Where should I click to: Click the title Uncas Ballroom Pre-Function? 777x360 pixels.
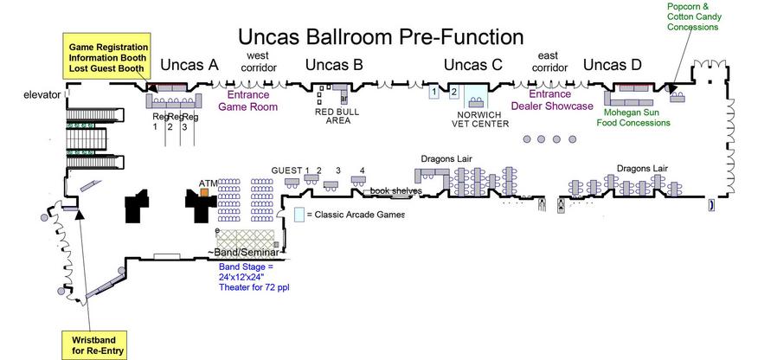pyautogui.click(x=381, y=37)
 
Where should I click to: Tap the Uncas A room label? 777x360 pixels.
pyautogui.click(x=189, y=65)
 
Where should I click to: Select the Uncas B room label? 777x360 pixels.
pyautogui.click(x=334, y=65)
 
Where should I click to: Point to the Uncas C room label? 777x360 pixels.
pyautogui.click(x=472, y=65)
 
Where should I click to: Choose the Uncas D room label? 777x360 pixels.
pyautogui.click(x=613, y=65)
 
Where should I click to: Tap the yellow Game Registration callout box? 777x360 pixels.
pyautogui.click(x=108, y=57)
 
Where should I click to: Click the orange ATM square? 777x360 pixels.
pyautogui.click(x=205, y=192)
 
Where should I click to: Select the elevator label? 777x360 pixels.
pyautogui.click(x=42, y=93)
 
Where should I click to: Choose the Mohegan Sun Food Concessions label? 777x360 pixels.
pyautogui.click(x=635, y=118)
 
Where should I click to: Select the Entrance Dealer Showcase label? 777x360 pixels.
pyautogui.click(x=550, y=100)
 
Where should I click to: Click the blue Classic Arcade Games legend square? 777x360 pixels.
pyautogui.click(x=299, y=214)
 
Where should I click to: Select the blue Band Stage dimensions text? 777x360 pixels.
pyautogui.click(x=253, y=277)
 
